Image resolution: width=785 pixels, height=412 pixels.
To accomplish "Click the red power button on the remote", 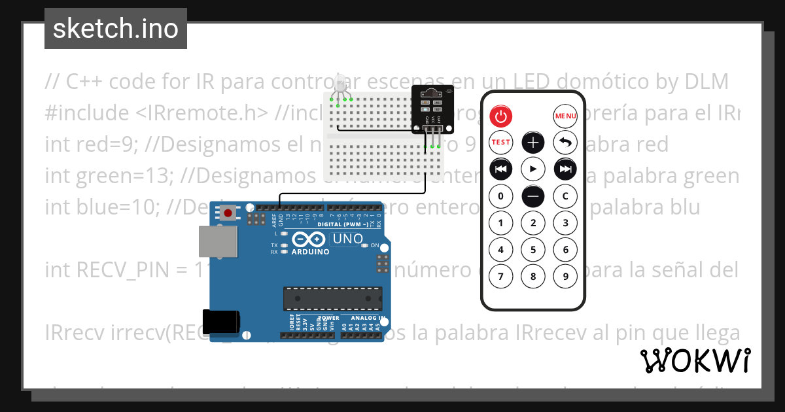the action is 500,116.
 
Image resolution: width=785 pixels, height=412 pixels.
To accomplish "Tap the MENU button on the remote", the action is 565,116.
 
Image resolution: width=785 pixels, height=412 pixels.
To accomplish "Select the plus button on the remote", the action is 533,143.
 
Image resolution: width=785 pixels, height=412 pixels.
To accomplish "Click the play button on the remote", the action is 533,169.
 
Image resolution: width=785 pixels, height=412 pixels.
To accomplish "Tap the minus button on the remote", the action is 533,196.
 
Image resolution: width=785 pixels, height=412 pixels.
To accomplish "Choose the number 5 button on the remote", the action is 533,249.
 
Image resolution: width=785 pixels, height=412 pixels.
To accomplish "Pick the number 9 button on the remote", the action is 565,276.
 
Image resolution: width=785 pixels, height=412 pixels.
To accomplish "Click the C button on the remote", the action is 565,196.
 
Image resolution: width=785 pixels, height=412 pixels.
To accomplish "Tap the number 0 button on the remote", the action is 500,196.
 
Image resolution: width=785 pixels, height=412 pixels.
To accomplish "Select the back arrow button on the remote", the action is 565,143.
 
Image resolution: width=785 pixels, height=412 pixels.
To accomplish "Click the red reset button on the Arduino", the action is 228,213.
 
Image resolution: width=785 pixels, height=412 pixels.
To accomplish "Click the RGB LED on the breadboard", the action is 340,85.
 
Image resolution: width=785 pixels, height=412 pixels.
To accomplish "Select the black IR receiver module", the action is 432,109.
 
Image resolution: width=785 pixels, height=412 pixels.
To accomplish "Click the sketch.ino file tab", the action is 115,29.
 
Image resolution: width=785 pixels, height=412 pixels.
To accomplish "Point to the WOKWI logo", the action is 695,360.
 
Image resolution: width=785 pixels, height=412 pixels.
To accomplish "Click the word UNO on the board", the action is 347,239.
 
